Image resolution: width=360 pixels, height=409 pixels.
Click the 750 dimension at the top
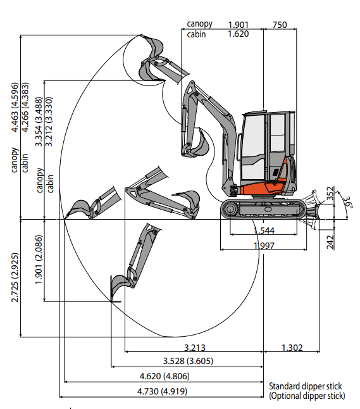tap(280, 25)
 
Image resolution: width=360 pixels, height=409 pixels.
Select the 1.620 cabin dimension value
tap(239, 34)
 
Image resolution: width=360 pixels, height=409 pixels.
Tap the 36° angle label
tap(348, 202)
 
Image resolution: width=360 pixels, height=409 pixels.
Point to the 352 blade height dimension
tap(330, 193)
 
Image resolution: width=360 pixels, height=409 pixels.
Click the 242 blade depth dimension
tap(330, 242)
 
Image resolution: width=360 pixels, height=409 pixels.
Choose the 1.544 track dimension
tap(264, 230)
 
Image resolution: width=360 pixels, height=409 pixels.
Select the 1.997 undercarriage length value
tap(264, 246)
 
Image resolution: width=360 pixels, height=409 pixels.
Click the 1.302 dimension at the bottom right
tap(292, 348)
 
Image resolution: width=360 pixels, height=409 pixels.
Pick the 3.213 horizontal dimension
tap(195, 348)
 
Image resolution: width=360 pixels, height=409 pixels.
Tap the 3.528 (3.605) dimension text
tap(188, 361)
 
